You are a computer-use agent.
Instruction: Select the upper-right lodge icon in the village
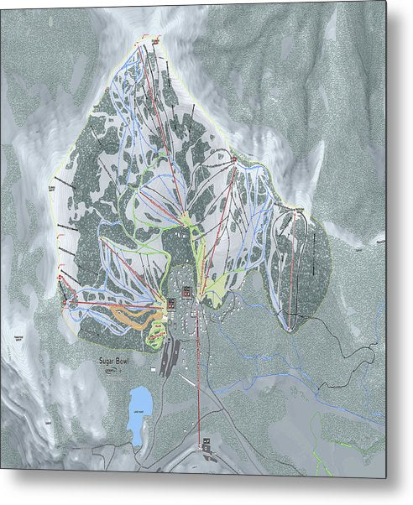pos(186,291)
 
